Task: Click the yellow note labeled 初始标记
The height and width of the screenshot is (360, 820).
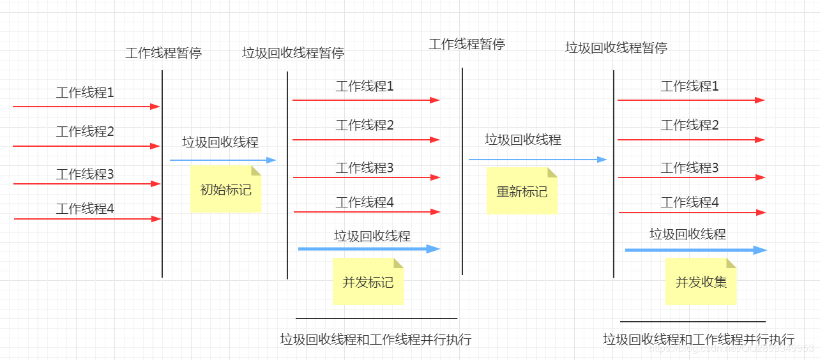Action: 225,190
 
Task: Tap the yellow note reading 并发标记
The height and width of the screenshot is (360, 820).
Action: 368,281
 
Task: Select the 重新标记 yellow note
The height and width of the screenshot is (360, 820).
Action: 522,191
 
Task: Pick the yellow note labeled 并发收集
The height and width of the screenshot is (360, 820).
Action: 701,281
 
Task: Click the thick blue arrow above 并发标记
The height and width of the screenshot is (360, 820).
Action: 368,249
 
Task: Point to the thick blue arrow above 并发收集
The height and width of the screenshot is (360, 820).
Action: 695,250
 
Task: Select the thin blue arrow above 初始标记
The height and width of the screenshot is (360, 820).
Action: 222,160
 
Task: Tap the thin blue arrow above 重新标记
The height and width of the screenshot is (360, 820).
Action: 537,160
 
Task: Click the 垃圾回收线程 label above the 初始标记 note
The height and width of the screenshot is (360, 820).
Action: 220,142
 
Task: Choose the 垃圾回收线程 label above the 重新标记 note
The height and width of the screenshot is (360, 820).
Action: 523,140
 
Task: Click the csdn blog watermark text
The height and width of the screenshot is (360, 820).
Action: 731,349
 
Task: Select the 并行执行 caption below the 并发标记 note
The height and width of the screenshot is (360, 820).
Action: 376,340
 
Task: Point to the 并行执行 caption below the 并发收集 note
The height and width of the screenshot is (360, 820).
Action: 699,340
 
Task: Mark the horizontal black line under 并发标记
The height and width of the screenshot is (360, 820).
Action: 376,318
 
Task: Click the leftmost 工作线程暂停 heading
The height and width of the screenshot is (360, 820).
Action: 163,53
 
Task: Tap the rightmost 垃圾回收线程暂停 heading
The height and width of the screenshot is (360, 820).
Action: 616,48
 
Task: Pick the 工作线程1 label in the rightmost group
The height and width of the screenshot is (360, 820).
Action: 690,86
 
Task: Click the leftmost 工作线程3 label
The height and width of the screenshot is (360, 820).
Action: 85,174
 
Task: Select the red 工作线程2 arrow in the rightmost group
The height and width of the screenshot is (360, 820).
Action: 690,140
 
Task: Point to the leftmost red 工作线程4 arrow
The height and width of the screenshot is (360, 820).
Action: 87,219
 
